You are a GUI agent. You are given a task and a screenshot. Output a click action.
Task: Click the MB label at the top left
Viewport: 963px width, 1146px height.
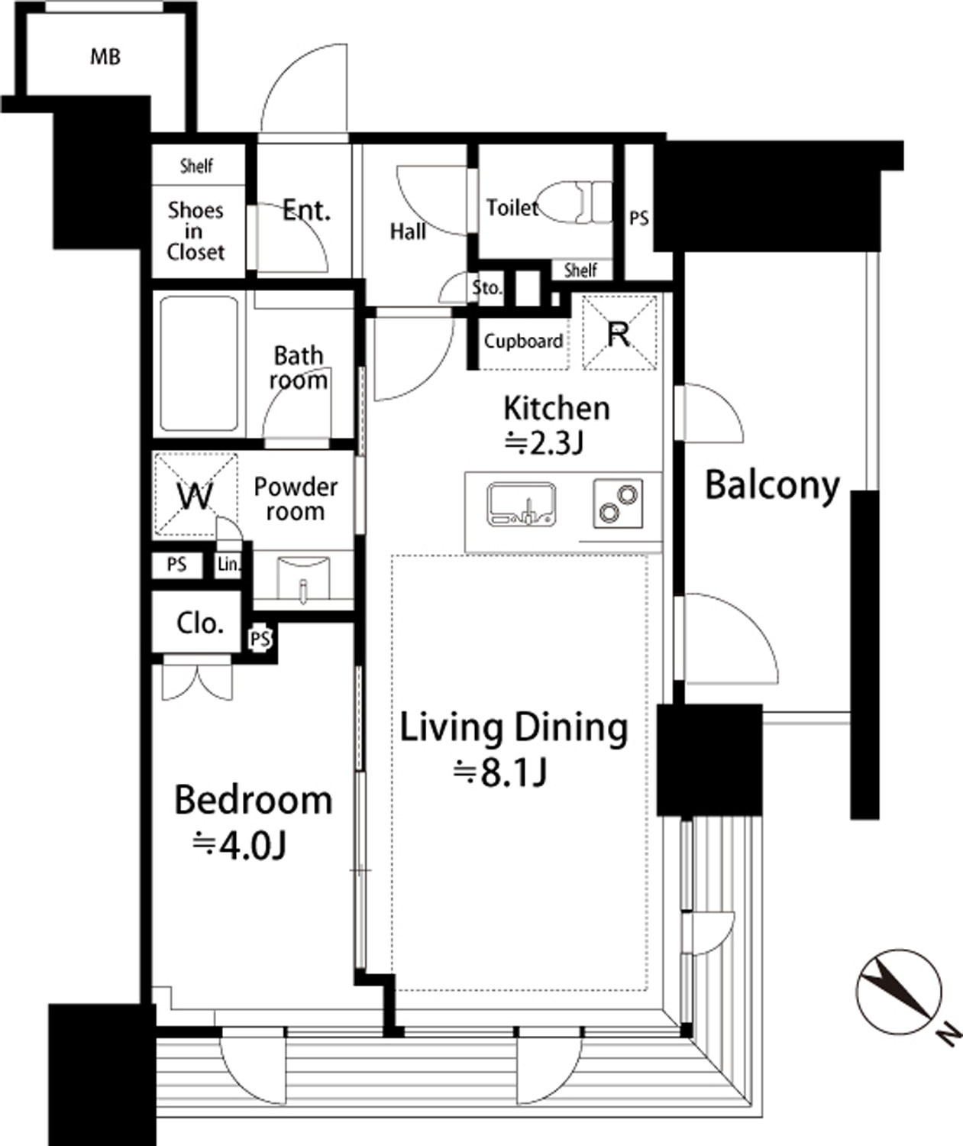pyautogui.click(x=105, y=57)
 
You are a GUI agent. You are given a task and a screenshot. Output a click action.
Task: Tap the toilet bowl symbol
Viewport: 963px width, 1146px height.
pyautogui.click(x=574, y=203)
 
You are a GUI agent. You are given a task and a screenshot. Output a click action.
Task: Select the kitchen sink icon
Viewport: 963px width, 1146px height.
pyautogui.click(x=522, y=503)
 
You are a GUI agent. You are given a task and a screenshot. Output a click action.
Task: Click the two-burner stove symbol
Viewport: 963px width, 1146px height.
pyautogui.click(x=618, y=503)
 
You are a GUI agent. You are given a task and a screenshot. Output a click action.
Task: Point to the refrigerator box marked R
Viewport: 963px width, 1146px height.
pyautogui.click(x=619, y=332)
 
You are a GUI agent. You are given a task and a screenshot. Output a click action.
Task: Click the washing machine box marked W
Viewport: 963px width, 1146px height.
pyautogui.click(x=196, y=494)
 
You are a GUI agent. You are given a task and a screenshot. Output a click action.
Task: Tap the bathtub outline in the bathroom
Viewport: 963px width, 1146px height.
pyautogui.click(x=199, y=364)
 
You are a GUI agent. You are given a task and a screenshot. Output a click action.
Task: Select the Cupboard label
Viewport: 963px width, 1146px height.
pyautogui.click(x=523, y=342)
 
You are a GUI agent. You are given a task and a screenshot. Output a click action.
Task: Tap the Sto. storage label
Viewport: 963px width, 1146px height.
pyautogui.click(x=486, y=287)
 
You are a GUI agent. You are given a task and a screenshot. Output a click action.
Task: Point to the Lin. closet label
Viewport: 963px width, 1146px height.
pyautogui.click(x=229, y=565)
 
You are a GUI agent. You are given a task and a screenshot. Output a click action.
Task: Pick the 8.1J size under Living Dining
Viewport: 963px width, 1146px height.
pyautogui.click(x=500, y=773)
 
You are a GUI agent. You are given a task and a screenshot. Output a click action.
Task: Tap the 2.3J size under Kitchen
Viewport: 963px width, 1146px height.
pyautogui.click(x=543, y=443)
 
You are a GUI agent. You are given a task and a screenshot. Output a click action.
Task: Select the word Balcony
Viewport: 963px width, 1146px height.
pyautogui.click(x=773, y=486)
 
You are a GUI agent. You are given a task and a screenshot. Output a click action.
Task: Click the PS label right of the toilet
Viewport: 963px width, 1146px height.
pyautogui.click(x=638, y=219)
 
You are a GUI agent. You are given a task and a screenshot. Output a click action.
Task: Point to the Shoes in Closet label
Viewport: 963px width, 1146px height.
pyautogui.click(x=196, y=231)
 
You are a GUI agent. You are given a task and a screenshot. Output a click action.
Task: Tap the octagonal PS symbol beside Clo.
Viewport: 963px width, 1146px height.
pyautogui.click(x=260, y=638)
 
